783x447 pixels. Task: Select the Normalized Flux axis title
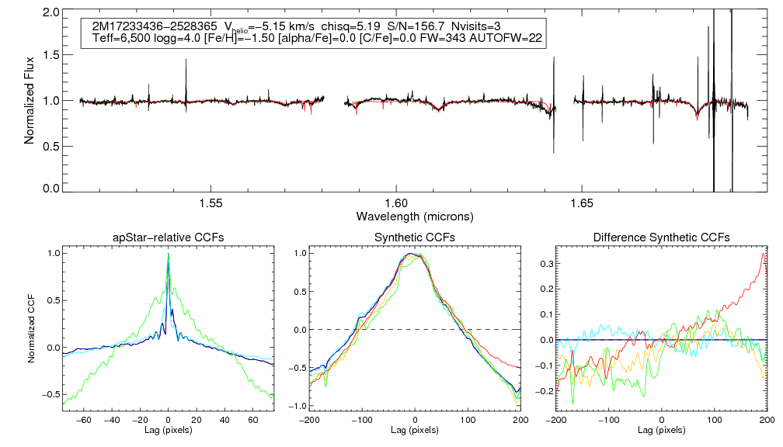click(x=30, y=100)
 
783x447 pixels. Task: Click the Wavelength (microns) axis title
click(x=414, y=215)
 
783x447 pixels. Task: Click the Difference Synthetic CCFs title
click(x=661, y=237)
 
